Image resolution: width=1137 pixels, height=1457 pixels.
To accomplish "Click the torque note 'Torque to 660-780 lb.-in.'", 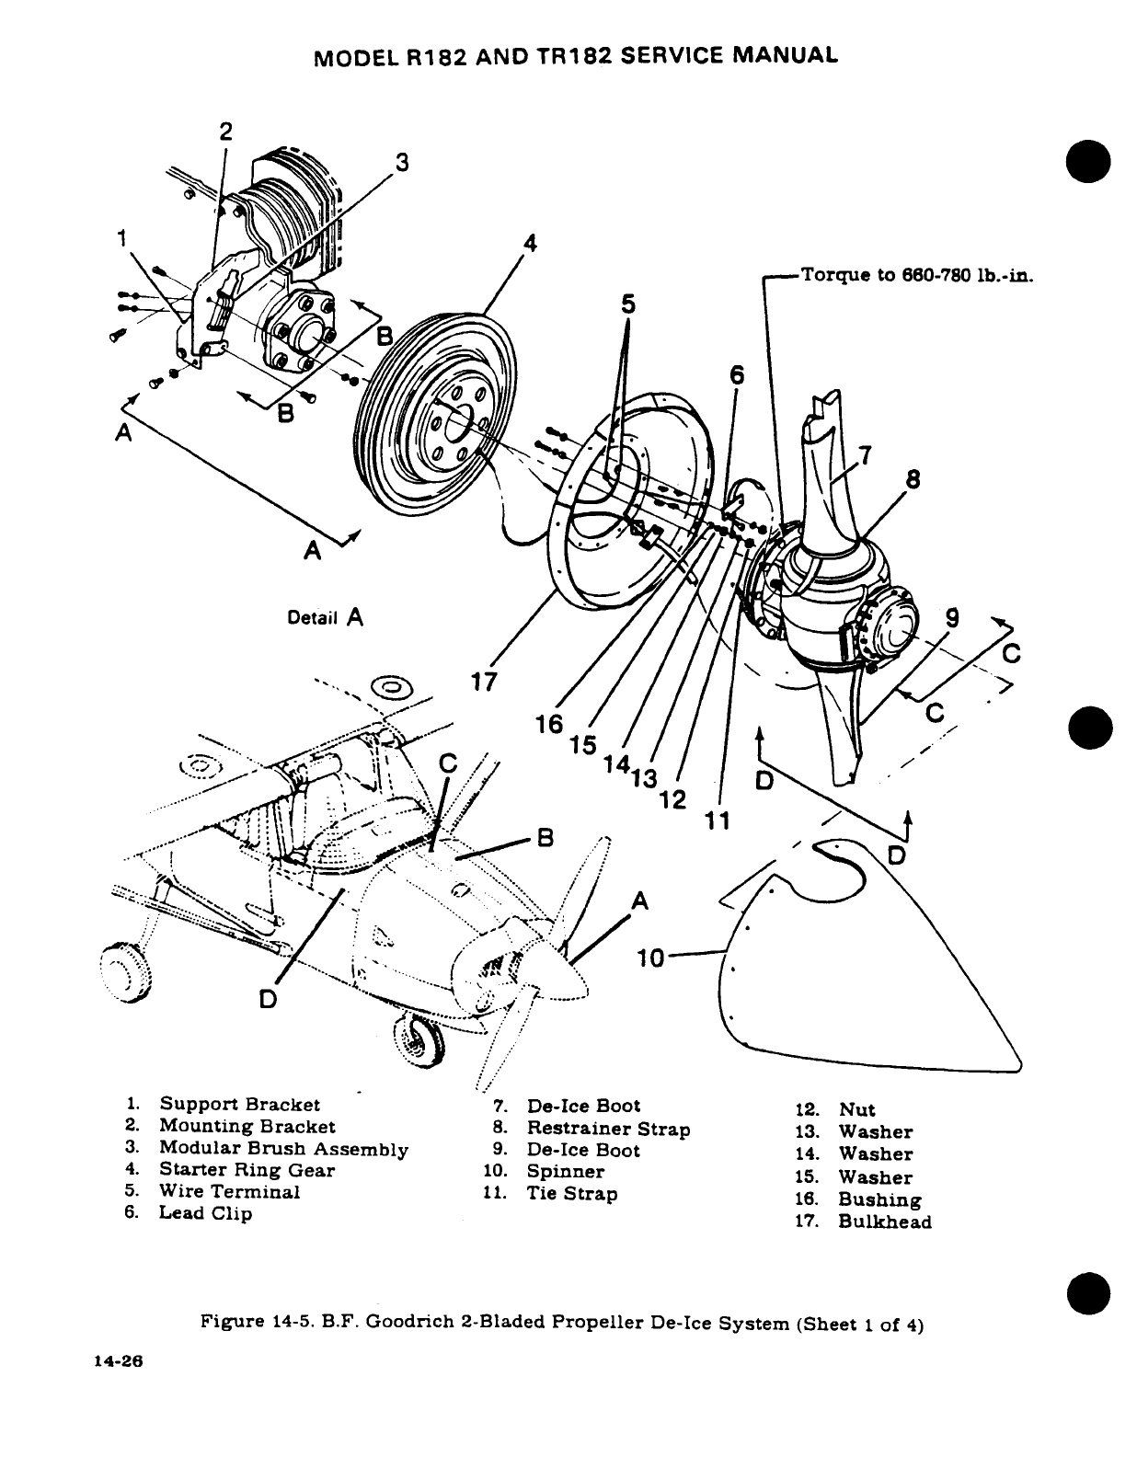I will pos(917,274).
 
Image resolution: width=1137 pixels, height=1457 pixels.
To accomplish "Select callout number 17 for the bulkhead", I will pos(484,682).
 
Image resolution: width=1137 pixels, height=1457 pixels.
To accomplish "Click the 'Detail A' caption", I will pos(326,617).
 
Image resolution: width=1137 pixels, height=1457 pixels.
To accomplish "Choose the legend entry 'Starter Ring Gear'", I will pos(247,1170).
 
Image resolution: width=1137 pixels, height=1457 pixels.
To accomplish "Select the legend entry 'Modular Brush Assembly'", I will pos(283,1148).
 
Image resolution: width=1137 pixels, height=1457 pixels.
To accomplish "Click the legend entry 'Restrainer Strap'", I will pos(608,1128).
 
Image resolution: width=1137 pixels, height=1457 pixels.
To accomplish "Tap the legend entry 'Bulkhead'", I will pos(885,1222).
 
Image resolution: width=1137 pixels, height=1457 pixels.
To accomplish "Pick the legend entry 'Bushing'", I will pos(879,1199).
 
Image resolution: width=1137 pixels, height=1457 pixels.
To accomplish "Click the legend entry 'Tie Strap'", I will pos(572,1194).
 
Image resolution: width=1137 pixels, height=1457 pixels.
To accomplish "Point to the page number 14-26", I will pos(120,1361).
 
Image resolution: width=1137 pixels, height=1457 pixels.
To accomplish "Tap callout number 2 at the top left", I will pos(225,131).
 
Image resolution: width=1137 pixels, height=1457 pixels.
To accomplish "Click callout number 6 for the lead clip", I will pos(736,374).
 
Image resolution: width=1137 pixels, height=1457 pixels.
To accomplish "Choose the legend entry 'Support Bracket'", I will pos(239,1104).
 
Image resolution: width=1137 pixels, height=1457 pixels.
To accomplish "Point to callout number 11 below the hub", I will pos(718,820).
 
